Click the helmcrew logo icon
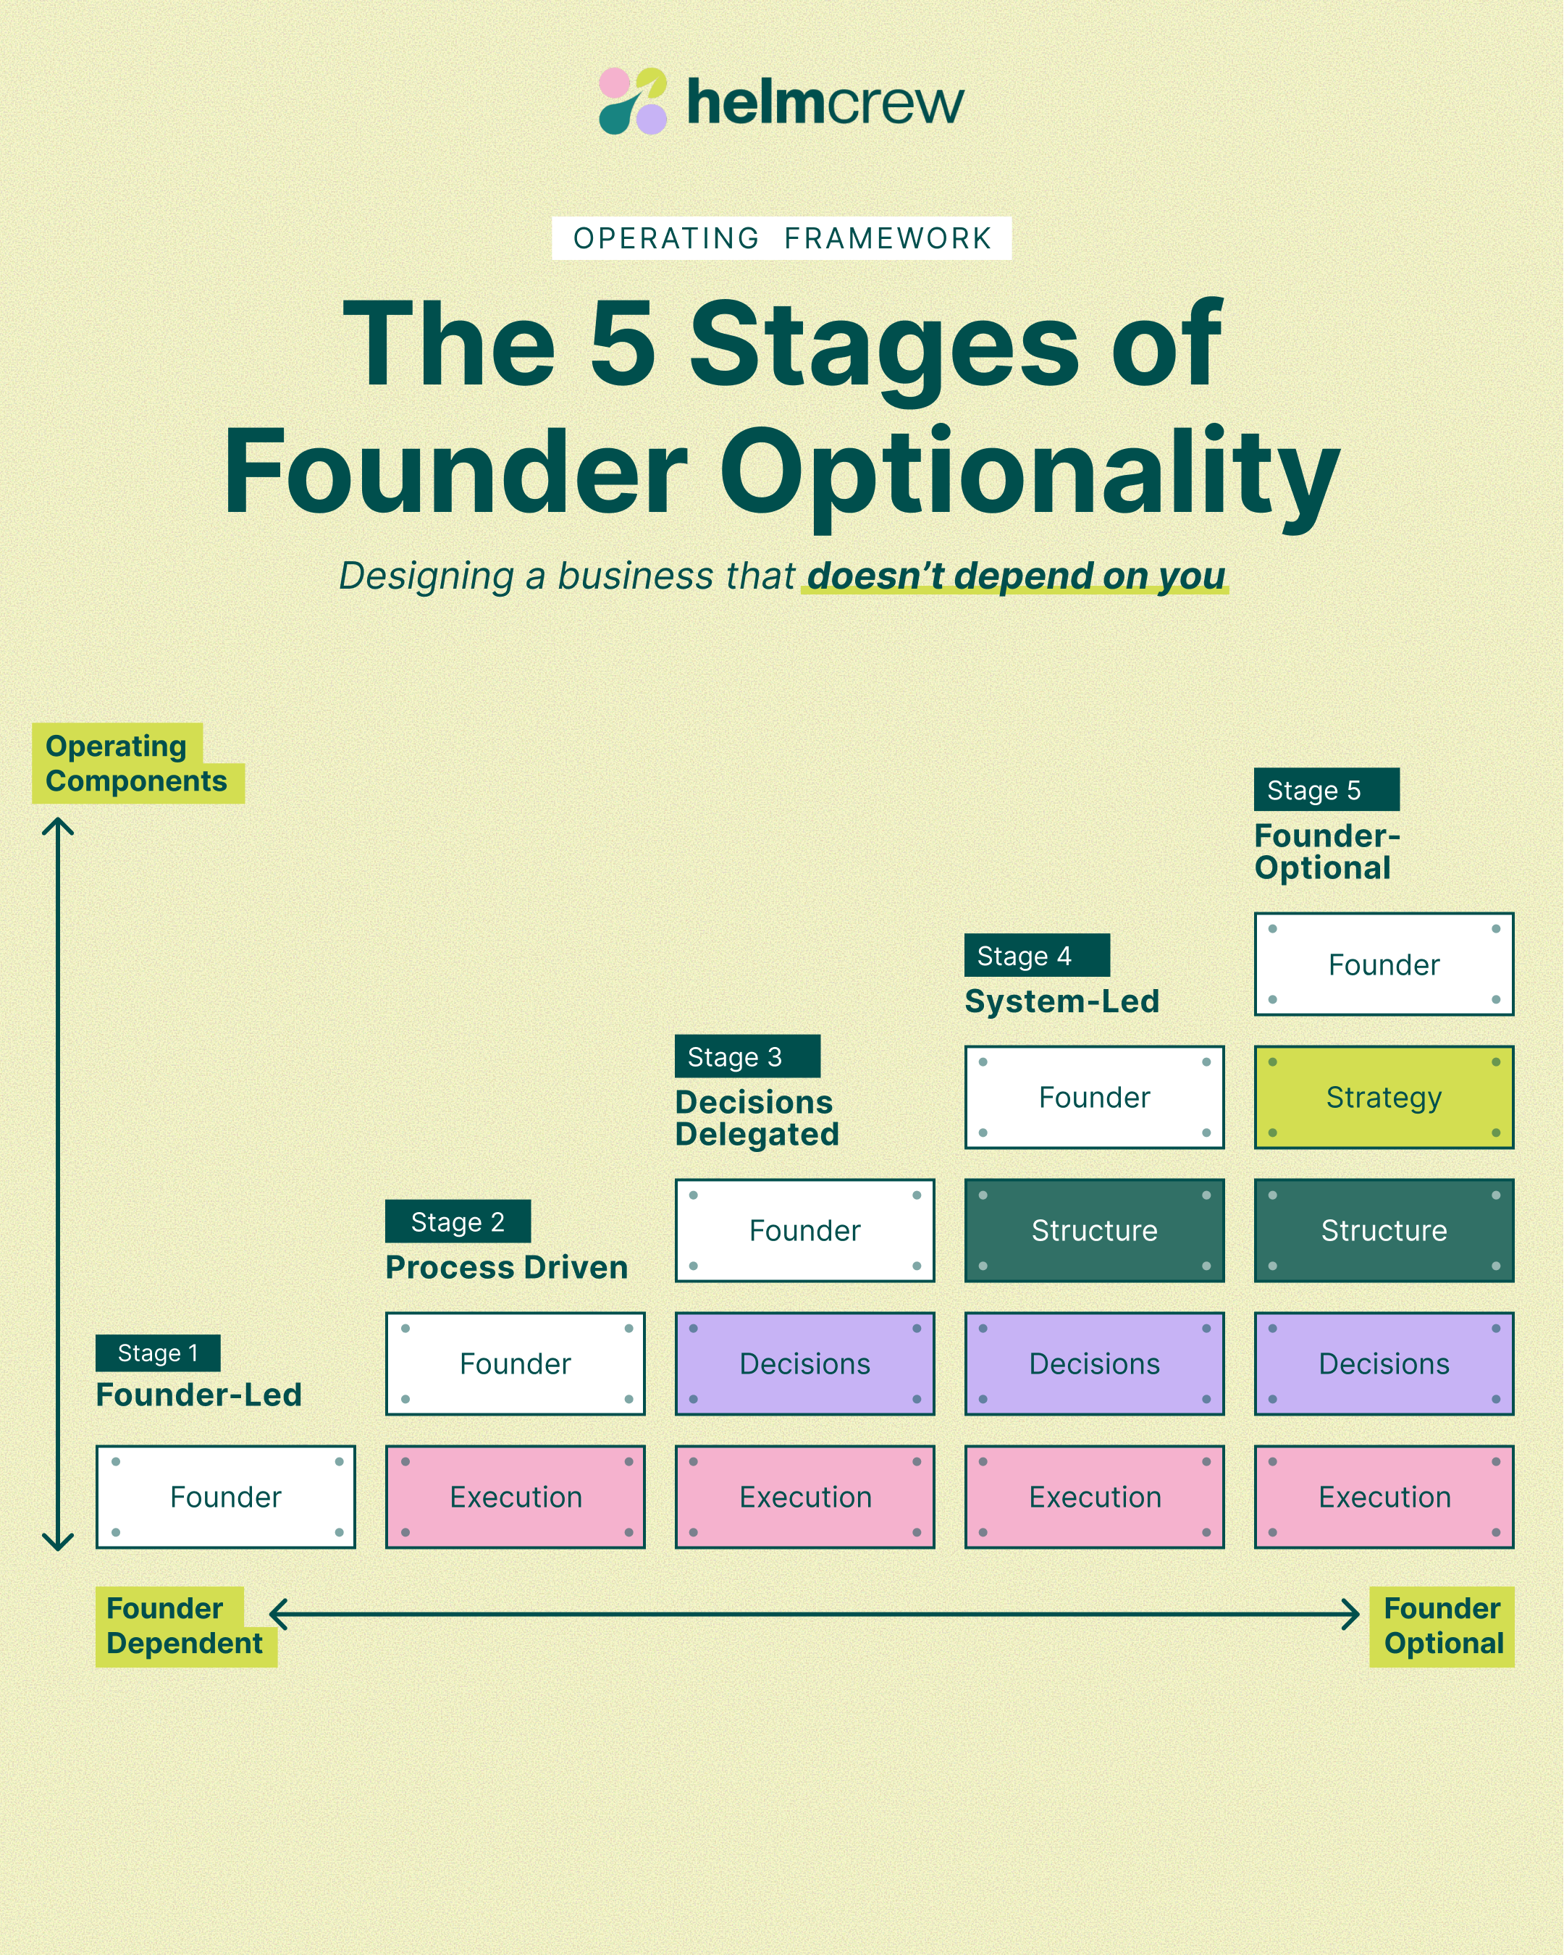(x=633, y=101)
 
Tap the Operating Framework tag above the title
(x=781, y=238)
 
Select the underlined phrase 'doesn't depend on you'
(x=1015, y=576)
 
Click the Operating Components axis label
(x=136, y=763)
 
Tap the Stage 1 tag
(x=158, y=1353)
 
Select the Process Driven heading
(x=506, y=1266)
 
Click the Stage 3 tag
(x=747, y=1056)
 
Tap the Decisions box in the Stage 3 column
(x=804, y=1363)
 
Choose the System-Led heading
(x=1061, y=1001)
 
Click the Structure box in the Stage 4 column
(x=1094, y=1229)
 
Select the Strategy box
(x=1384, y=1097)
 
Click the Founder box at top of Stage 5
(x=1384, y=964)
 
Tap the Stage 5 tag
(x=1327, y=790)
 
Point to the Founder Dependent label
(x=184, y=1626)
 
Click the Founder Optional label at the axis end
(x=1442, y=1626)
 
